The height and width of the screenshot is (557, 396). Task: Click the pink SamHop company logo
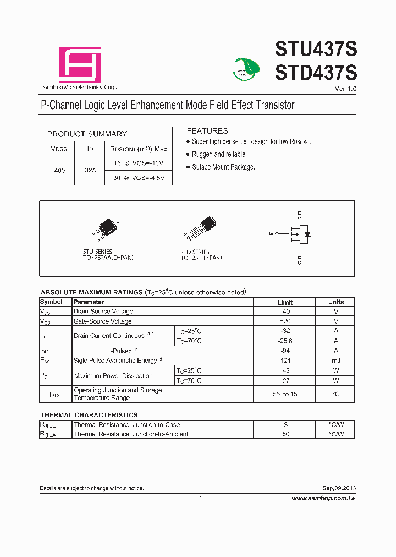click(x=80, y=65)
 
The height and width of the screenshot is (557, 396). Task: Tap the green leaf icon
click(x=245, y=69)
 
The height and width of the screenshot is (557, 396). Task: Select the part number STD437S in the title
click(x=316, y=72)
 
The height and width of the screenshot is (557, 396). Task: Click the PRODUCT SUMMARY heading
click(x=87, y=134)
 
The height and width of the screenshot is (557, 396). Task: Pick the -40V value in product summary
click(x=59, y=171)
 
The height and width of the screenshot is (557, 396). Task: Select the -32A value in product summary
click(x=89, y=171)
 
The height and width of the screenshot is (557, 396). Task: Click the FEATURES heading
click(x=207, y=131)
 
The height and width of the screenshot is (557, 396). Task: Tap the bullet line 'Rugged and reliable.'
click(x=219, y=155)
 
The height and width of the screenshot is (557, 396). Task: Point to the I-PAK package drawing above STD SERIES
click(x=201, y=227)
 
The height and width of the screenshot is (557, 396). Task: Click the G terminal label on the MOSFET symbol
click(x=271, y=233)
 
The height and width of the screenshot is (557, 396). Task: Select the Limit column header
click(x=285, y=302)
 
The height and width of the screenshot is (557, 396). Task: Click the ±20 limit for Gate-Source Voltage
click(x=285, y=321)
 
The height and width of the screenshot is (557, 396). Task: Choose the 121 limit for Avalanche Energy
click(x=285, y=361)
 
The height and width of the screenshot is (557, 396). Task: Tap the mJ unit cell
click(x=335, y=361)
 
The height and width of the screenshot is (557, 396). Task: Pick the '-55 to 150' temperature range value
click(x=285, y=394)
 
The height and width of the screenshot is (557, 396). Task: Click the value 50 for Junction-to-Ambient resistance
click(x=285, y=434)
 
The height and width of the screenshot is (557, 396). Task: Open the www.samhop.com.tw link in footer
click(x=323, y=498)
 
